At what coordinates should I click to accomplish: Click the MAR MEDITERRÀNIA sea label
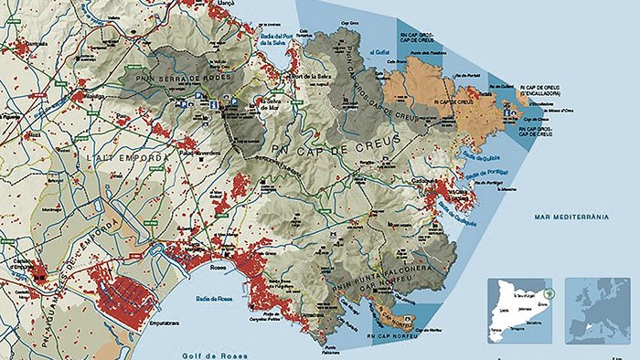570,217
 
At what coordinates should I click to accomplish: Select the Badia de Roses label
209,298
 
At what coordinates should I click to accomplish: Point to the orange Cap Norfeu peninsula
393,315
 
